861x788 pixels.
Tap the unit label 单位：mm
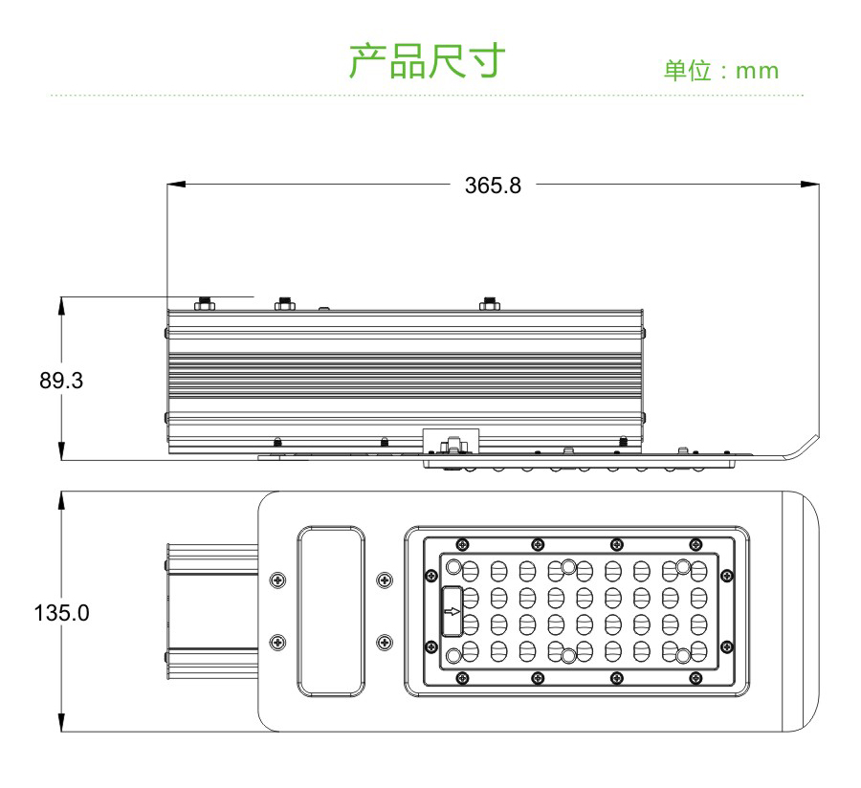coord(721,71)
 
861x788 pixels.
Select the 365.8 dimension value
coord(493,185)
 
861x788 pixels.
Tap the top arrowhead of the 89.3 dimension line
coord(62,303)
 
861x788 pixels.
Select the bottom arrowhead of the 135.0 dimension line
coord(62,726)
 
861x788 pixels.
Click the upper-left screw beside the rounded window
coord(277,579)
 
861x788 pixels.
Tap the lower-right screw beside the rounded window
coord(385,641)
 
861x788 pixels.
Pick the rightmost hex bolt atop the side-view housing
coord(490,305)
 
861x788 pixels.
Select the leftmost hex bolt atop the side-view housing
coord(203,305)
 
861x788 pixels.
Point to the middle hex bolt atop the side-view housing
coord(283,305)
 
